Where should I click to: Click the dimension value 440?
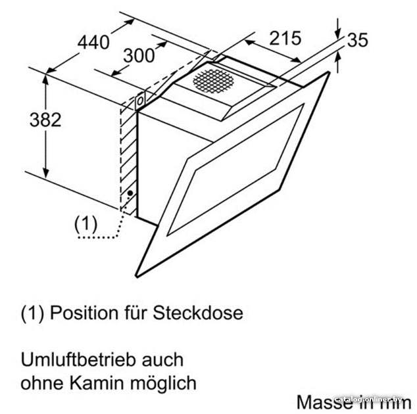pyautogui.click(x=93, y=42)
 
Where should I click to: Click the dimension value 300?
pyautogui.click(x=139, y=56)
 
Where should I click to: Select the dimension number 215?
pyautogui.click(x=285, y=38)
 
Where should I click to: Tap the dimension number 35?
pyautogui.click(x=358, y=40)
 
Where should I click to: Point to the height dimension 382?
pyautogui.click(x=45, y=120)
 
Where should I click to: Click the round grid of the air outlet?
pyautogui.click(x=214, y=81)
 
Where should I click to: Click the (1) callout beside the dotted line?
pyautogui.click(x=86, y=224)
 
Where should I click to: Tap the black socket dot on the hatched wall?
pyautogui.click(x=130, y=193)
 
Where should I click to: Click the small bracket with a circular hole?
pyautogui.click(x=140, y=101)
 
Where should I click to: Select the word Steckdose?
pyautogui.click(x=198, y=313)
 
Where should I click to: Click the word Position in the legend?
pyautogui.click(x=84, y=313)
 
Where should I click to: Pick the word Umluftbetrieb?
pyautogui.click(x=79, y=359)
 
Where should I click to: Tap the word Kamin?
pyautogui.click(x=97, y=383)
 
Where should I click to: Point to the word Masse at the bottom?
pyautogui.click(x=323, y=402)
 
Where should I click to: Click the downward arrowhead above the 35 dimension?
pyautogui.click(x=337, y=35)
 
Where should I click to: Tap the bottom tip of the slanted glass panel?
pyautogui.click(x=137, y=277)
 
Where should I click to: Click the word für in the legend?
pyautogui.click(x=135, y=313)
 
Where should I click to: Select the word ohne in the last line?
pyautogui.click(x=43, y=383)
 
